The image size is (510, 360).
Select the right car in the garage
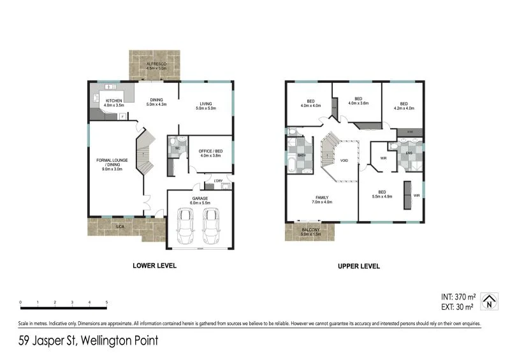tap(212, 224)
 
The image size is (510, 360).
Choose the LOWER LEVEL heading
tap(154, 266)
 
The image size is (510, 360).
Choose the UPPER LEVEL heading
tap(359, 266)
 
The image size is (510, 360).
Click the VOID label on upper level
tap(344, 160)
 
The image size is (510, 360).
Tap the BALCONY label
tap(312, 231)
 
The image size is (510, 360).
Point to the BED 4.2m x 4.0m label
tap(403, 106)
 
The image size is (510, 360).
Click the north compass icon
tap(489, 301)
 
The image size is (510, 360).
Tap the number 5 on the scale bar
tap(106, 303)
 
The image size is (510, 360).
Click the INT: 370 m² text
tap(457, 297)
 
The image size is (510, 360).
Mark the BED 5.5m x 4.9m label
tap(381, 194)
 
